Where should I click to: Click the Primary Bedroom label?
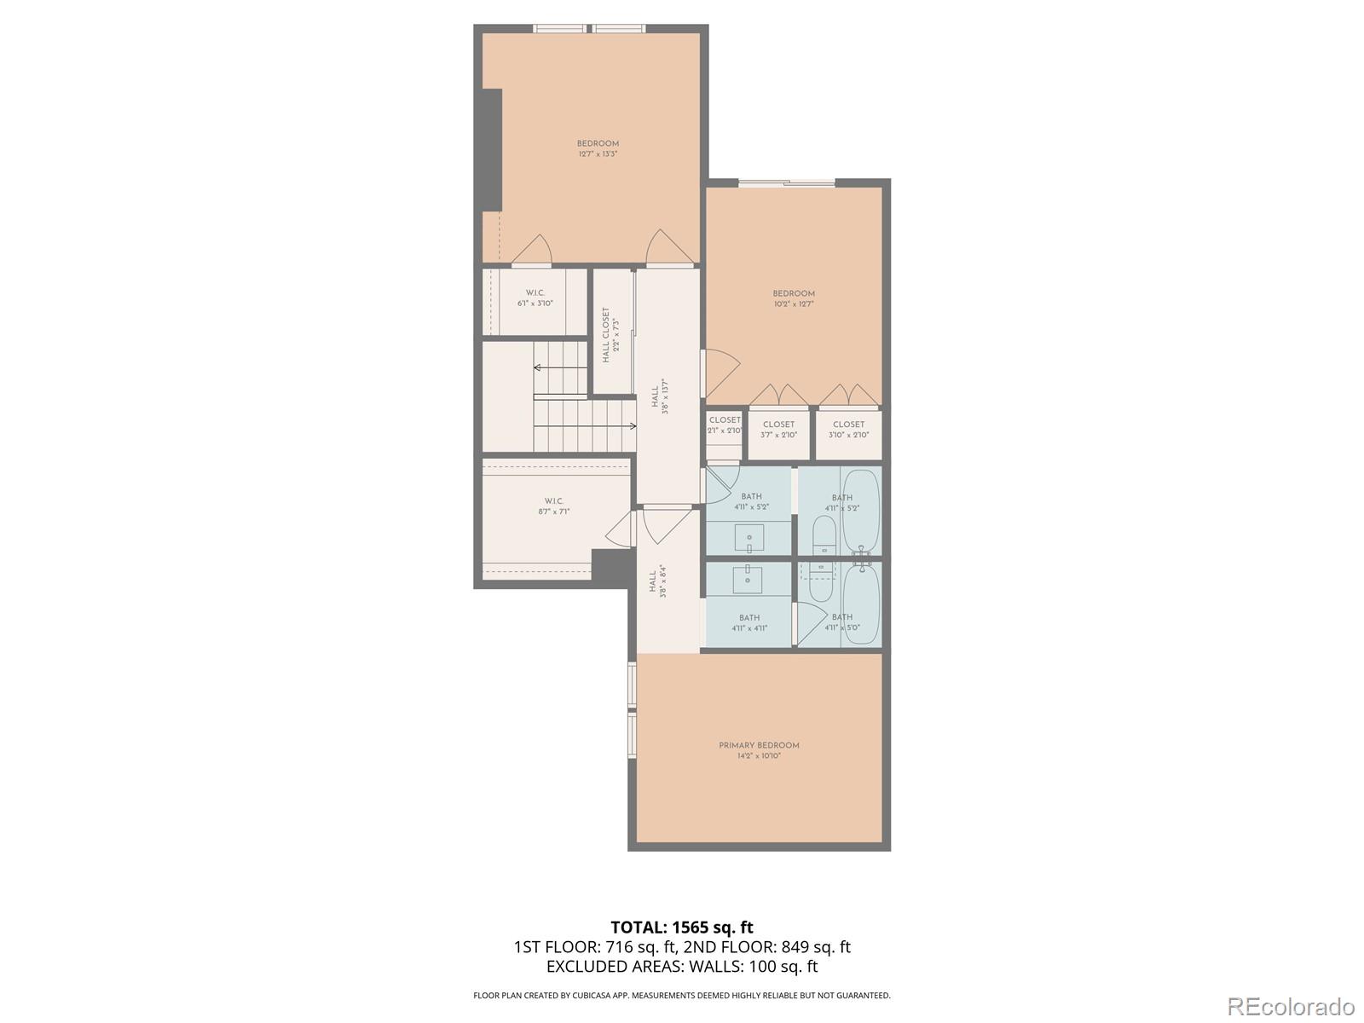(759, 745)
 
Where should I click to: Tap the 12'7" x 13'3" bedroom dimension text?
(597, 154)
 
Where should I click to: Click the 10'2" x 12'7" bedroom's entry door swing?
(721, 373)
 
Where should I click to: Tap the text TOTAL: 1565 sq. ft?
(681, 927)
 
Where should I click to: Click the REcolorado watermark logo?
(1292, 1006)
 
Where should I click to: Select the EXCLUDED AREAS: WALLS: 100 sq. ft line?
(681, 967)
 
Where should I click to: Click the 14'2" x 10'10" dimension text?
(759, 756)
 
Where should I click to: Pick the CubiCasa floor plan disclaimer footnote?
(681, 995)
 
